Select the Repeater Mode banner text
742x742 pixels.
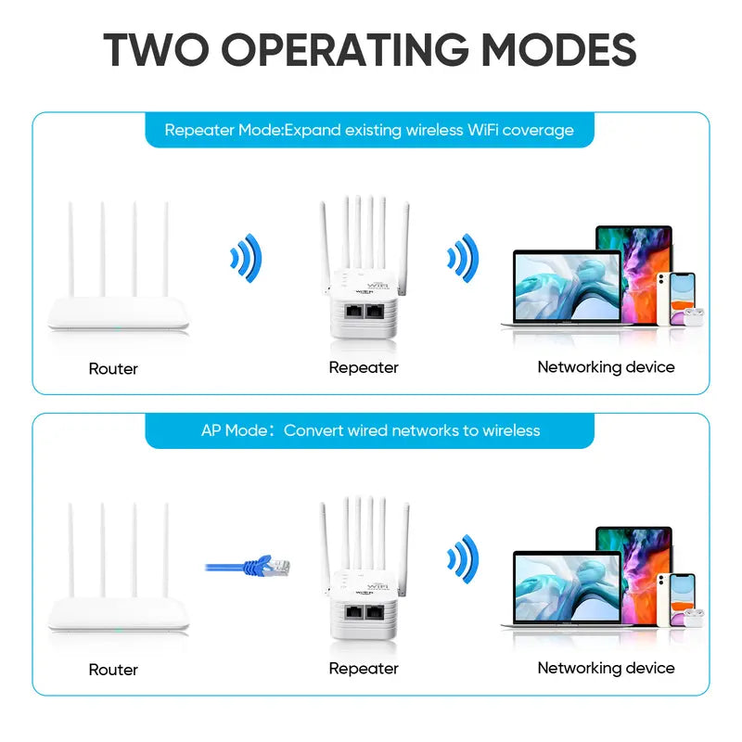[x=369, y=130]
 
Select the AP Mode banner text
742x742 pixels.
[x=370, y=430]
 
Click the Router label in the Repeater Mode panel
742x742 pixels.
[x=113, y=368]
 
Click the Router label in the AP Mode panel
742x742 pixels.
[x=113, y=669]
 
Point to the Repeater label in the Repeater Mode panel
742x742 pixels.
[x=364, y=367]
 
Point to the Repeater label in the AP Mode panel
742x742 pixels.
[x=364, y=668]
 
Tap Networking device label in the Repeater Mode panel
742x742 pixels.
[x=606, y=367]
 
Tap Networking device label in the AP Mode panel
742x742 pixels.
[x=606, y=668]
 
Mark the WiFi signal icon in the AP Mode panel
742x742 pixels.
[x=462, y=558]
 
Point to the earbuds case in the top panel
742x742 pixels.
[x=695, y=315]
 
